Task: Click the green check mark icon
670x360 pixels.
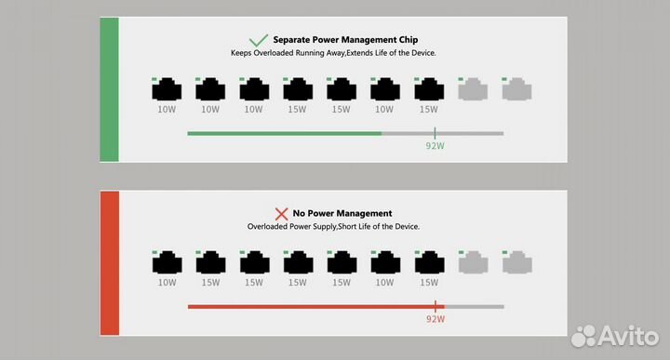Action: (258, 40)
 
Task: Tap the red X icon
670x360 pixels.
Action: (281, 213)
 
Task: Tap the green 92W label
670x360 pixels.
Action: (435, 146)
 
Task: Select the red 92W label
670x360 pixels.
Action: (435, 319)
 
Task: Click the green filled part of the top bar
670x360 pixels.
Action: (284, 133)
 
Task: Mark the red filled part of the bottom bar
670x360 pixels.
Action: (312, 306)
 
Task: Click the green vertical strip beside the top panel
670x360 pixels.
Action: (109, 89)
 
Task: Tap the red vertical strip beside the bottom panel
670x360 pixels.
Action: (109, 262)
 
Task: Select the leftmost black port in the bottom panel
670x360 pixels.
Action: (167, 262)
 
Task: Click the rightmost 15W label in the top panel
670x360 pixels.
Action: (428, 109)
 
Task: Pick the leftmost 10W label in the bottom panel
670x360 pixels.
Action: (167, 282)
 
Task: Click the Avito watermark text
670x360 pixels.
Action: (630, 334)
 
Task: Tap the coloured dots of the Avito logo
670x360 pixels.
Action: (584, 334)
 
